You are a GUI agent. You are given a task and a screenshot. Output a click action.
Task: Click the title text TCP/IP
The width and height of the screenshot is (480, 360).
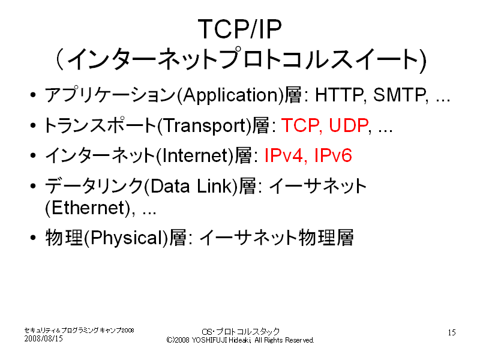[x=239, y=29]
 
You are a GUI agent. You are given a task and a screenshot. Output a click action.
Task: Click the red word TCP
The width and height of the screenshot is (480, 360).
[x=300, y=125]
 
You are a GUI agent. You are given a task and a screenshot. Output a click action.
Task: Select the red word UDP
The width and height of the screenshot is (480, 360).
[x=349, y=125]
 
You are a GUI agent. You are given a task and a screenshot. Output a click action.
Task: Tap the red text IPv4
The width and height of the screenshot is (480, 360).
[x=283, y=155]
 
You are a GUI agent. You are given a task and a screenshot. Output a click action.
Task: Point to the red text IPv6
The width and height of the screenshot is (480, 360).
[x=333, y=155]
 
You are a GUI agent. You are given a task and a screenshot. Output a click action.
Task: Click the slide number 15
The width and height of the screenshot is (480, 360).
[x=452, y=332]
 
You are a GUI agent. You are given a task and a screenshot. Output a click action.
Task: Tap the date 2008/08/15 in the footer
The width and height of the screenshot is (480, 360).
[x=43, y=338]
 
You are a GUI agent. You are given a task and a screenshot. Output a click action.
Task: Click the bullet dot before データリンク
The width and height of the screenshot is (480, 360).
[x=33, y=186]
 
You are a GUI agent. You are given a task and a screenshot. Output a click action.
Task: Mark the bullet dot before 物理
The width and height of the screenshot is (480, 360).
[x=33, y=238]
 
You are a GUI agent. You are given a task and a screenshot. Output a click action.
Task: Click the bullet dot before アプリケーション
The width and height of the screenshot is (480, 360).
[x=33, y=95]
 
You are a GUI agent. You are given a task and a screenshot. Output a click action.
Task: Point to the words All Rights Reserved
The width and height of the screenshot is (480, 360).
[x=284, y=340]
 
